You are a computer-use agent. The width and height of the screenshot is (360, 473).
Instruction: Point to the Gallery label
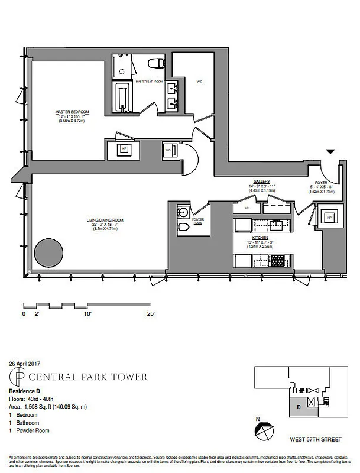coord(262,182)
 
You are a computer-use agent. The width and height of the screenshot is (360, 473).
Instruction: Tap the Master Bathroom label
coord(148,82)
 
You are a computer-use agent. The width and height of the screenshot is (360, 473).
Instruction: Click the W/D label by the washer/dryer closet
coord(168,151)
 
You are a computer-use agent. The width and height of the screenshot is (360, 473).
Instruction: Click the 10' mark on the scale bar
coord(88,315)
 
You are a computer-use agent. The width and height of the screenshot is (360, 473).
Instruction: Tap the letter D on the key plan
coord(299,407)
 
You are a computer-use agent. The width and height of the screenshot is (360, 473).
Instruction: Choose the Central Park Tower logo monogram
coord(20,377)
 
